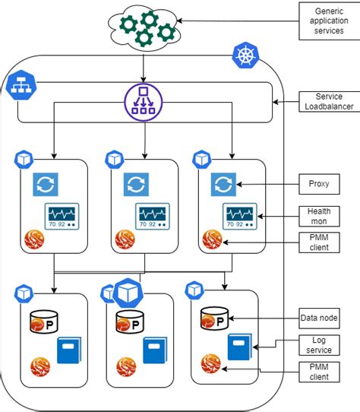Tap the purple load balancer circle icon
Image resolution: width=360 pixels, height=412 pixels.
pyautogui.click(x=144, y=100)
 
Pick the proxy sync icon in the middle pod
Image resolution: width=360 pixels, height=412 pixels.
pyautogui.click(x=135, y=185)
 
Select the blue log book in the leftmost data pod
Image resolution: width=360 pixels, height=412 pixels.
pyautogui.click(x=69, y=350)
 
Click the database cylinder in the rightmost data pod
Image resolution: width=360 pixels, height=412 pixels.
pyautogui.click(x=214, y=319)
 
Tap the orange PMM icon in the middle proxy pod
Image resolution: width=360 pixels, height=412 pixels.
pyautogui.click(x=125, y=240)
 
